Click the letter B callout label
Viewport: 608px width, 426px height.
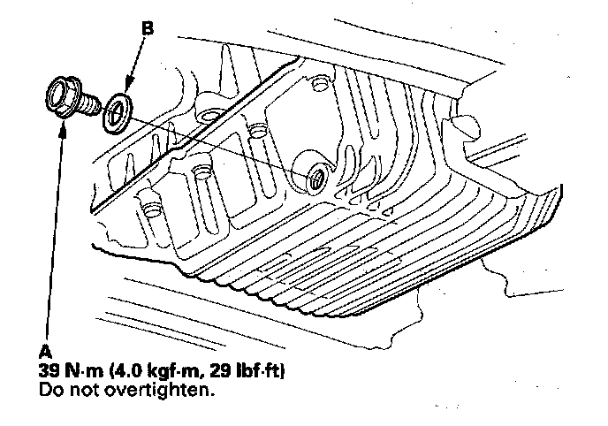click(148, 28)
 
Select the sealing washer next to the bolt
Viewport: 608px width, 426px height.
click(115, 114)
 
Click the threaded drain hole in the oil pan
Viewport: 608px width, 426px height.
click(316, 180)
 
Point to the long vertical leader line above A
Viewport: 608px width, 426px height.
click(50, 230)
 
